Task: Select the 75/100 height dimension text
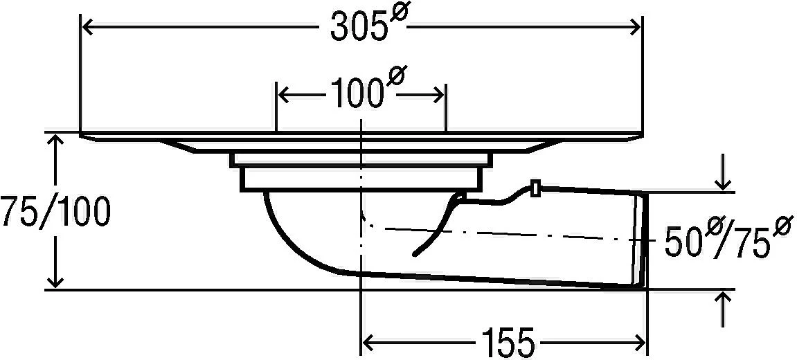(x=55, y=212)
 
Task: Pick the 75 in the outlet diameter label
(x=750, y=244)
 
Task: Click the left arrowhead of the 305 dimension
(x=87, y=28)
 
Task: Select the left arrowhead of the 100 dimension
(x=284, y=95)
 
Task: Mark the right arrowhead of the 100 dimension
(x=438, y=95)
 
